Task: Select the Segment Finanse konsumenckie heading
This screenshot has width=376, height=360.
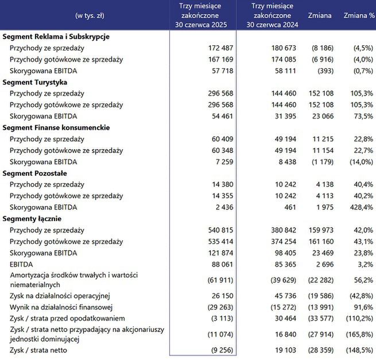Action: point(56,127)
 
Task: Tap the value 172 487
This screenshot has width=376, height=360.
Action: point(219,48)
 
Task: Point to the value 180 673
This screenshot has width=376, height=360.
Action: point(284,48)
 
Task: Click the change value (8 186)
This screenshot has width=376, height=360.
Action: point(319,48)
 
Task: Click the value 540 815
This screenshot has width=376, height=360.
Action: point(219,230)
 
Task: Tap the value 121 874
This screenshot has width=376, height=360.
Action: point(219,253)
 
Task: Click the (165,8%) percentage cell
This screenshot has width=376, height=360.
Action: point(359,333)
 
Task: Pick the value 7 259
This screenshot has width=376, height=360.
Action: point(223,162)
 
